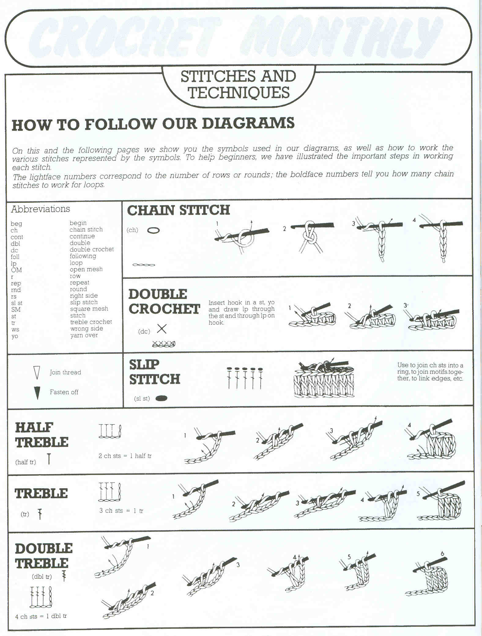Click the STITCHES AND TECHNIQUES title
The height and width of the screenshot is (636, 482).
click(x=238, y=85)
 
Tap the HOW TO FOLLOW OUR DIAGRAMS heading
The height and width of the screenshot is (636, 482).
click(x=153, y=124)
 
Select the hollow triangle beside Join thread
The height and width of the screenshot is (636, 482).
click(x=37, y=373)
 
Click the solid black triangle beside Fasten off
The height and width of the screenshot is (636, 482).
click(x=37, y=393)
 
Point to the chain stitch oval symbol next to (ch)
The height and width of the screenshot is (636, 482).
click(x=154, y=230)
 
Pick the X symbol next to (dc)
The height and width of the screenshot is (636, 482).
click(x=161, y=329)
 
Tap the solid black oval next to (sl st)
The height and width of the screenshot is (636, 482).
click(x=161, y=398)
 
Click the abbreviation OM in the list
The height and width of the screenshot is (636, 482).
click(x=16, y=270)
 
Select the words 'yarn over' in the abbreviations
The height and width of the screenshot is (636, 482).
click(x=84, y=335)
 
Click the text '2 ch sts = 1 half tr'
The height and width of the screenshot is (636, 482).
click(x=125, y=456)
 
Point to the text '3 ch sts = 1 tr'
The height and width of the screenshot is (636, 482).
click(x=121, y=511)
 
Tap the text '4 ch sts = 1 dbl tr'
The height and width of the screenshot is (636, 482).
click(x=41, y=616)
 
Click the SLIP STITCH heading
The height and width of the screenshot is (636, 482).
click(x=154, y=372)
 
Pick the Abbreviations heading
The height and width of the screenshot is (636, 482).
click(x=40, y=209)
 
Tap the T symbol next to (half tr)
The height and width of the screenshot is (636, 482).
click(x=49, y=459)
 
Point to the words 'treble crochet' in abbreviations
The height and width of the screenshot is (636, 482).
click(x=91, y=322)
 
